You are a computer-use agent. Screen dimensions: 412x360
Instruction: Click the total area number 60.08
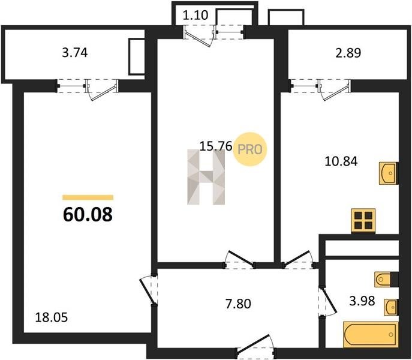point(88,214)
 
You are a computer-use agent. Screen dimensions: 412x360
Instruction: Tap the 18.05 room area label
point(51,317)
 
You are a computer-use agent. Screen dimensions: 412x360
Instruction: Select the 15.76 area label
point(216,146)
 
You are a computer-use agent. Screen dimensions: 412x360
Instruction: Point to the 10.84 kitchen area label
point(341,161)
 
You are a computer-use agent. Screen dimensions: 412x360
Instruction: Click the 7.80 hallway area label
point(238,304)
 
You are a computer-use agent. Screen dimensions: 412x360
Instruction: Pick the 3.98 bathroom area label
point(362,301)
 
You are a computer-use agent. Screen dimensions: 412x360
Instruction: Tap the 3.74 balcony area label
point(74,53)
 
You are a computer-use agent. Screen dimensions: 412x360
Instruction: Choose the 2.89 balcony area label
point(348,53)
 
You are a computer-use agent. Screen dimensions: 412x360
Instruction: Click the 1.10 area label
point(196,15)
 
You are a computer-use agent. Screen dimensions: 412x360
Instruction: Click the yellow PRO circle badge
point(250,149)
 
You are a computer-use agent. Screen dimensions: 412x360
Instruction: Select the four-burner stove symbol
point(363,221)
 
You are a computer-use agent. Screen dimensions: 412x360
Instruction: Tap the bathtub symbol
point(371,334)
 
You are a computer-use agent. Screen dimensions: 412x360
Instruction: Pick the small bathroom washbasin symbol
point(391,307)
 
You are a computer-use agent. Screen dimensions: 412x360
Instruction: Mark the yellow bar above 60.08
point(88,197)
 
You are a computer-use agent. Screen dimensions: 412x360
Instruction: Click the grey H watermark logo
point(206,177)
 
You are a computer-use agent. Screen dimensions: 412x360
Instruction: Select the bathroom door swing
point(327,302)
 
